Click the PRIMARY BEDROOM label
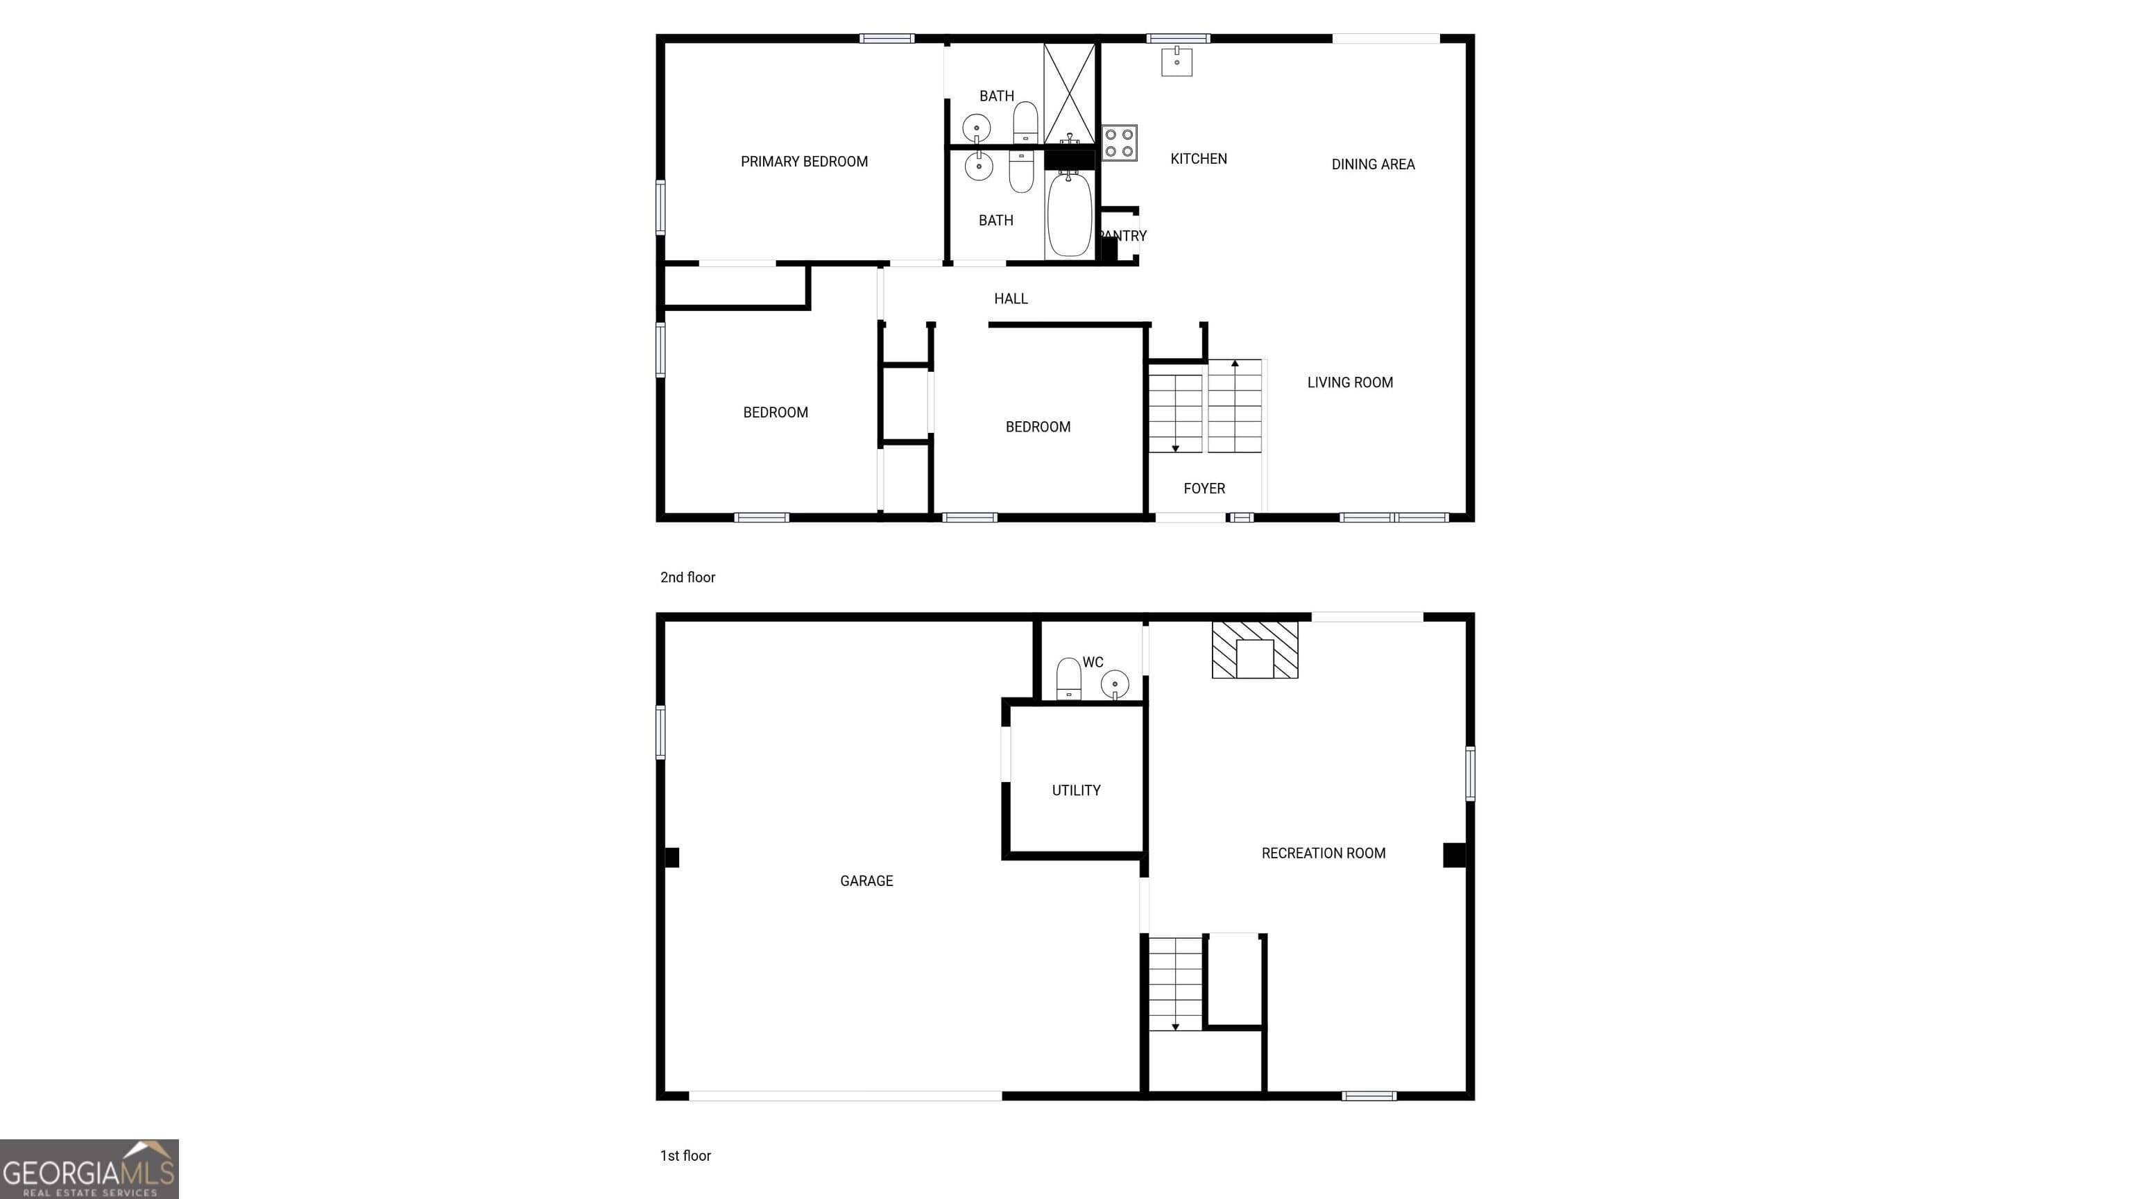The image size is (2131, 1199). pyautogui.click(x=803, y=162)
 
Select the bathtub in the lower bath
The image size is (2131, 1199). pyautogui.click(x=1069, y=214)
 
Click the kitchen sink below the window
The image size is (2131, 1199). pyautogui.click(x=1176, y=62)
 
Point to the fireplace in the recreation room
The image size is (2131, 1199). pyautogui.click(x=1254, y=650)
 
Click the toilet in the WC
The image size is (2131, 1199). pyautogui.click(x=1069, y=679)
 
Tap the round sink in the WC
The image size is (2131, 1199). pyautogui.click(x=1114, y=684)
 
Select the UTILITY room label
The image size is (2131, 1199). pyautogui.click(x=1075, y=791)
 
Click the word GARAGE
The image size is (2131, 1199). pyautogui.click(x=866, y=881)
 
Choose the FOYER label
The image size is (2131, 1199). pyautogui.click(x=1204, y=489)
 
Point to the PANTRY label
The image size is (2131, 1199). pyautogui.click(x=1122, y=237)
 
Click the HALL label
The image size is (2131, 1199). pyautogui.click(x=1010, y=299)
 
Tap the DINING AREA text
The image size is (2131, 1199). pyautogui.click(x=1372, y=164)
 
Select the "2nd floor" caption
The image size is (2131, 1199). pyautogui.click(x=687, y=577)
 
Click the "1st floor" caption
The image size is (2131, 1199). pyautogui.click(x=685, y=1156)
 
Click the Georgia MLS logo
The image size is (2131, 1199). pyautogui.click(x=89, y=1169)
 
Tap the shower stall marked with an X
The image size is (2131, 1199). pyautogui.click(x=1069, y=93)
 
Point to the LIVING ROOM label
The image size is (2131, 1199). pyautogui.click(x=1349, y=383)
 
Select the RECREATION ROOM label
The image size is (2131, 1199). pyautogui.click(x=1323, y=854)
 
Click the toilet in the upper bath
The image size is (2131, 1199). pyautogui.click(x=1025, y=122)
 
